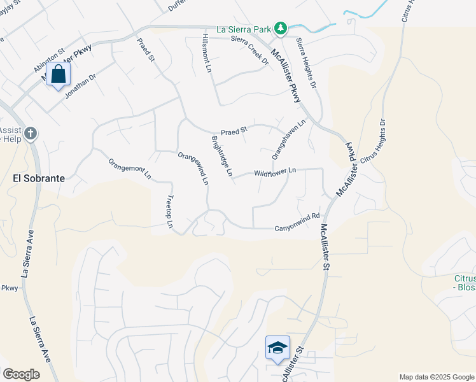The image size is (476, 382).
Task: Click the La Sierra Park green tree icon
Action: [281, 29]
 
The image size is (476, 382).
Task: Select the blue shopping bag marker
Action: [58, 74]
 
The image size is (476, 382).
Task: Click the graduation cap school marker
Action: [277, 348]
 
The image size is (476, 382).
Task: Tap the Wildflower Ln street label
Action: [275, 172]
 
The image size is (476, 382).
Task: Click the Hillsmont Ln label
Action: [207, 52]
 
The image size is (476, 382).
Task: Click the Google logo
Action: [21, 374]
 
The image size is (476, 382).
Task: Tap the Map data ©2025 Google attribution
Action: [436, 377]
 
